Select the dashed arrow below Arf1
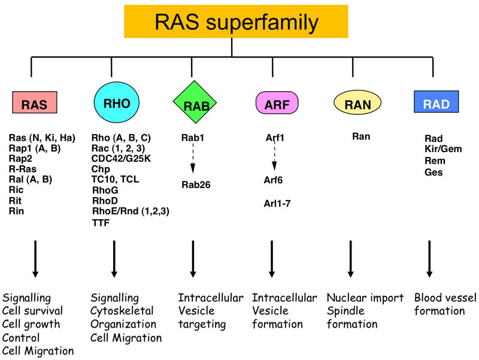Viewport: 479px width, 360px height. point(275,159)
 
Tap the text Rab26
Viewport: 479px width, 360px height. point(196,184)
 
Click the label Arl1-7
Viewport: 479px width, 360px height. point(278,204)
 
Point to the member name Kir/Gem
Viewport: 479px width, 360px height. point(443,149)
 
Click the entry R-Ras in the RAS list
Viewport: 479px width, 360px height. point(23,169)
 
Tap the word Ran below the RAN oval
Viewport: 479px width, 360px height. point(361,137)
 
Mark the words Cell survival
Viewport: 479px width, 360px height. point(32,311)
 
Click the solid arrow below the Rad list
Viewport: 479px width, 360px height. point(429,258)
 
